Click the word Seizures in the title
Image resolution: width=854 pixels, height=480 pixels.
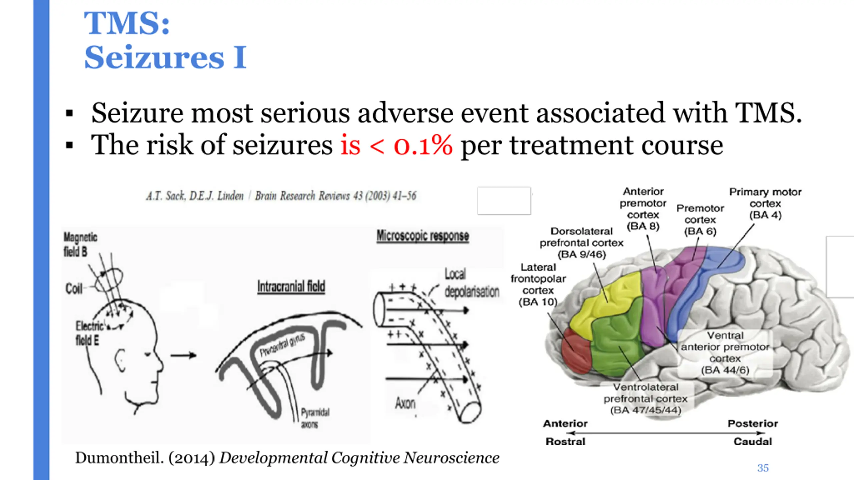pos(154,57)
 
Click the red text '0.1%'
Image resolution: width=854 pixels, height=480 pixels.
pos(423,145)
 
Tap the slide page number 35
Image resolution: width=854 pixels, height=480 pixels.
pos(763,468)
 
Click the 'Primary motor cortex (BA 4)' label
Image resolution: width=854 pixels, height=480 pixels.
pos(765,203)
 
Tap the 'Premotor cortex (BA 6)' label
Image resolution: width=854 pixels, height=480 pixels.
pos(700,220)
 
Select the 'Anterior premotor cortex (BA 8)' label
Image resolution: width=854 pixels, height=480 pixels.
pos(643,209)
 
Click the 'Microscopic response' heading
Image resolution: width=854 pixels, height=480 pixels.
pos(423,236)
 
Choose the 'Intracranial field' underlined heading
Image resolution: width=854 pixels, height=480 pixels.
pos(291,287)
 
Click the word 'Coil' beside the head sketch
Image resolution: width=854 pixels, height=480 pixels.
pos(74,288)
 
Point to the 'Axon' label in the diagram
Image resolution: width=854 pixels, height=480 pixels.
pos(405,403)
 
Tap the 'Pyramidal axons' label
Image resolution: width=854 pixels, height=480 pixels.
pos(315,418)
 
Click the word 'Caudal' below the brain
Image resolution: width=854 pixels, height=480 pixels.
pos(753,442)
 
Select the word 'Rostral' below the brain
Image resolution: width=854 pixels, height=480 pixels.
pos(565,442)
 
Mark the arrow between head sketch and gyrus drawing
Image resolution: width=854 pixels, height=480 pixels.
pos(183,355)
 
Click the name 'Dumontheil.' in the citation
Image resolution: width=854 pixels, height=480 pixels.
pos(119,458)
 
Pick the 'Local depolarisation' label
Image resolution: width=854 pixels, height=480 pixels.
pos(472,283)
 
